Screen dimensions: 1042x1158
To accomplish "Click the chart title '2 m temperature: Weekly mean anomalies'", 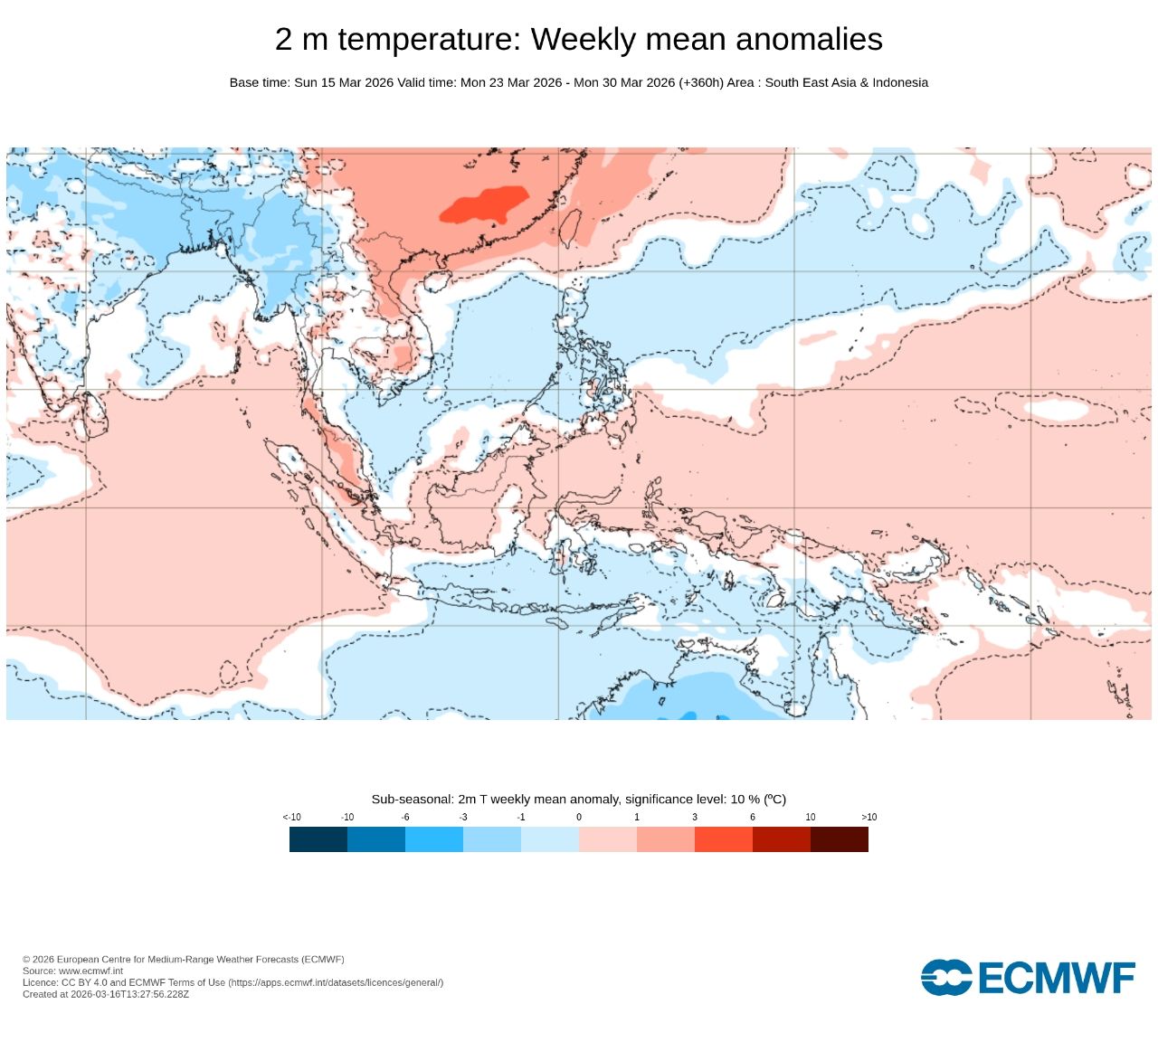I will point(578,39).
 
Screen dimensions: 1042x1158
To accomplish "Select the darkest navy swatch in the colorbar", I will point(318,839).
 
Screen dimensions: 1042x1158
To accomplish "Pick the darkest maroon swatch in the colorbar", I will point(839,839).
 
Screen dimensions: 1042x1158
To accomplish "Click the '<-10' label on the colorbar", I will point(291,817).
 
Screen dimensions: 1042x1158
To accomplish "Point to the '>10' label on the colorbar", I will point(868,817).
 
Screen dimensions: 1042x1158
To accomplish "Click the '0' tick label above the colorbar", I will point(579,817).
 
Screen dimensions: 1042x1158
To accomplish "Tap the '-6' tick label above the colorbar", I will point(405,817).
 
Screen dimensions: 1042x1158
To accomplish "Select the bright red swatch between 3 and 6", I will point(723,839).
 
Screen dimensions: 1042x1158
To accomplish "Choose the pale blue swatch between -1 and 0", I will point(549,839).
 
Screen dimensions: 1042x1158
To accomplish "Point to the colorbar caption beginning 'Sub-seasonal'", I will point(578,799).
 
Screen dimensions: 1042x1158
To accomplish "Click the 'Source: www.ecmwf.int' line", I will point(72,971).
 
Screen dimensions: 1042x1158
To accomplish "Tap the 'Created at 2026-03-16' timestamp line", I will point(106,994).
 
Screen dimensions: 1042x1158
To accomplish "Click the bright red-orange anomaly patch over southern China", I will point(484,205).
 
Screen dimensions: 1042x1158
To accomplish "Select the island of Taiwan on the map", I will point(570,228).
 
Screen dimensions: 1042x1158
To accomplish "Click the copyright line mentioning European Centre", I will point(183,959).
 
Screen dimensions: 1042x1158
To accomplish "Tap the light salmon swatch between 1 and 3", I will point(665,839).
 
